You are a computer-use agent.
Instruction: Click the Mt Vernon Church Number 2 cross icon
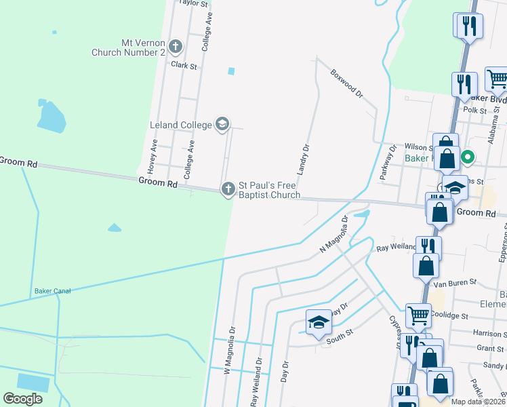click(176, 47)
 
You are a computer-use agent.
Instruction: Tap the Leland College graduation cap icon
click(222, 123)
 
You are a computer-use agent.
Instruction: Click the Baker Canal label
click(52, 291)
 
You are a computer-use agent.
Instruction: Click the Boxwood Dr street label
click(347, 83)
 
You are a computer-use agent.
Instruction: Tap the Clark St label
click(184, 66)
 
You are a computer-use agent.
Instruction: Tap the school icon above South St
click(318, 324)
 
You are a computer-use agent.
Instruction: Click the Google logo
click(22, 399)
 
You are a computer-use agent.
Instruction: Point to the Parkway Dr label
click(388, 158)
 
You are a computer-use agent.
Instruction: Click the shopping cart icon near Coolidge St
click(418, 315)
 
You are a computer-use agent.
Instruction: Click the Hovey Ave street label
click(154, 155)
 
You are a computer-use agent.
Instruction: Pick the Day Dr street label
click(285, 373)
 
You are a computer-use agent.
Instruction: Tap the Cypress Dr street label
click(394, 330)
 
